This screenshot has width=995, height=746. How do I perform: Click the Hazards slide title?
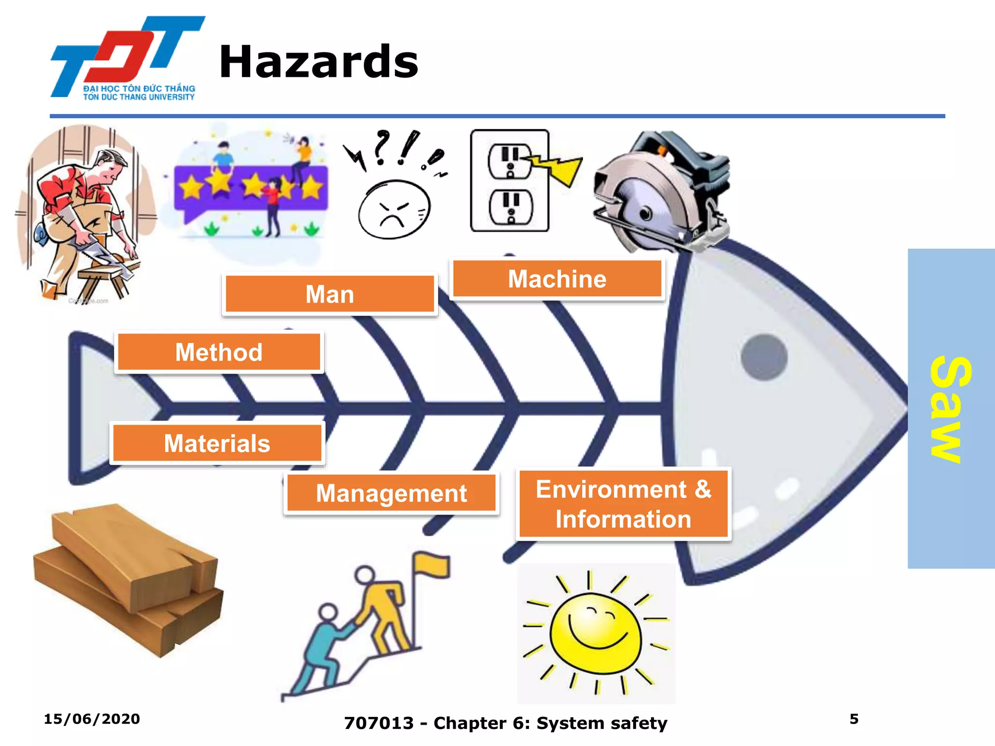pyautogui.click(x=318, y=62)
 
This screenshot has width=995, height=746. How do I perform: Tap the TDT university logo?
pyautogui.click(x=127, y=58)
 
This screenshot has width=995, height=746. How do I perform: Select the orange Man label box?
pyautogui.click(x=329, y=294)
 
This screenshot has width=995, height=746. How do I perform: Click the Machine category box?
pyautogui.click(x=557, y=279)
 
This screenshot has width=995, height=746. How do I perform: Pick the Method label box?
pyautogui.click(x=219, y=352)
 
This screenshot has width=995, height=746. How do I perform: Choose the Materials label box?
pyautogui.click(x=217, y=443)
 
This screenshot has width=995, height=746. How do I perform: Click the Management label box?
pyautogui.click(x=391, y=493)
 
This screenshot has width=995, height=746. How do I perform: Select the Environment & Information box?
pyautogui.click(x=623, y=504)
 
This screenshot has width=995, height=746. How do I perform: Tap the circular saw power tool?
pyautogui.click(x=661, y=192)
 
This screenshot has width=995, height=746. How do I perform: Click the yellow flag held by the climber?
pyautogui.click(x=431, y=566)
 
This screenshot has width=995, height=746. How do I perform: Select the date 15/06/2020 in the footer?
pyautogui.click(x=92, y=719)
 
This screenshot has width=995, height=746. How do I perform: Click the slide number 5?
pyautogui.click(x=854, y=719)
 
